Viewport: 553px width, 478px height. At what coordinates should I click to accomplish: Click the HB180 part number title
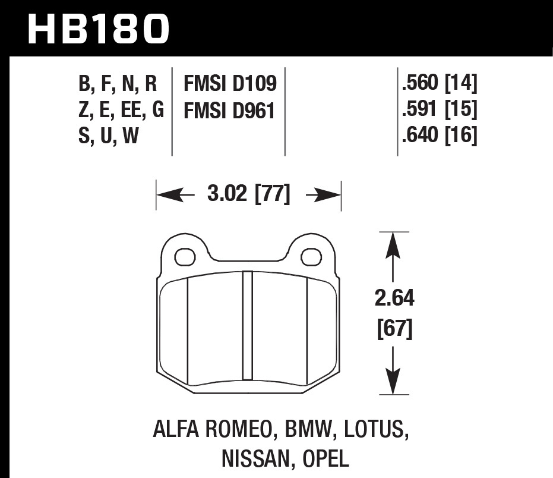pos(99,28)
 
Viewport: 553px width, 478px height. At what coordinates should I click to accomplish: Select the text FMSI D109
pos(230,84)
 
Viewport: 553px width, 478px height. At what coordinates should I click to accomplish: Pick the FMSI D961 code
pos(229,111)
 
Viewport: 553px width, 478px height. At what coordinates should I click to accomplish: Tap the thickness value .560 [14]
pos(440,84)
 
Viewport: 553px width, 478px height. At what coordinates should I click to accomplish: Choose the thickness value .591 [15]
pos(440,110)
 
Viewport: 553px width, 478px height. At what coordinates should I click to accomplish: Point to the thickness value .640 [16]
pos(440,136)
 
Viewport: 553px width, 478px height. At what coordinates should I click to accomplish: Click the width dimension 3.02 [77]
pos(249,195)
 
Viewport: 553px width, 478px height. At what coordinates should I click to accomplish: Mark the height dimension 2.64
pos(394,298)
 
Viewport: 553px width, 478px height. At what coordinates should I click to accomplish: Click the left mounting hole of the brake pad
pos(185,257)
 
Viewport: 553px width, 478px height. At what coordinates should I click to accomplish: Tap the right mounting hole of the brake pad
pos(311,257)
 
